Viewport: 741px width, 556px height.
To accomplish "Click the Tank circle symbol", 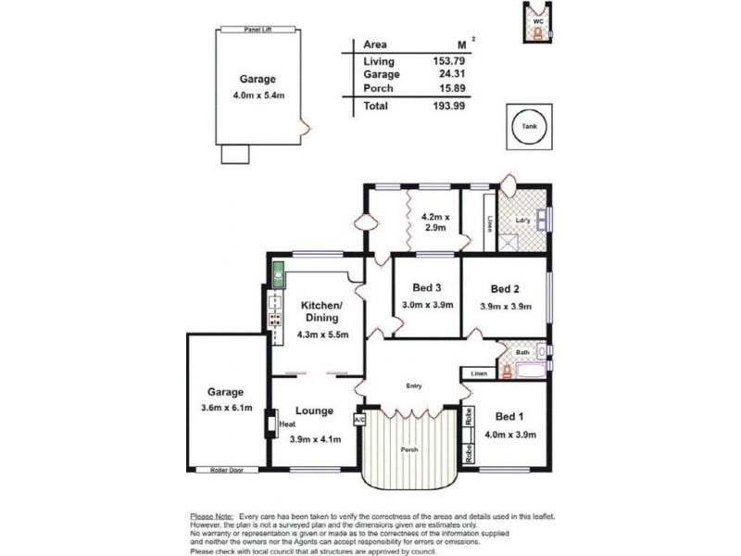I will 529,126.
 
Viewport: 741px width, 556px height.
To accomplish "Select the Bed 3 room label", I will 426,287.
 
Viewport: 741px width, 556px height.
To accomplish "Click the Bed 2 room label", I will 505,287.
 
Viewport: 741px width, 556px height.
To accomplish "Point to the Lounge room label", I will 314,411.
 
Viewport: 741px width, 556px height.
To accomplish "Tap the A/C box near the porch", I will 360,419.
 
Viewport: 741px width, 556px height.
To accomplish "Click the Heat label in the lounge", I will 287,425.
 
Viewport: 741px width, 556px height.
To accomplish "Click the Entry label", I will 412,385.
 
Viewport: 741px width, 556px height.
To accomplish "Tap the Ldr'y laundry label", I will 521,221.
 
